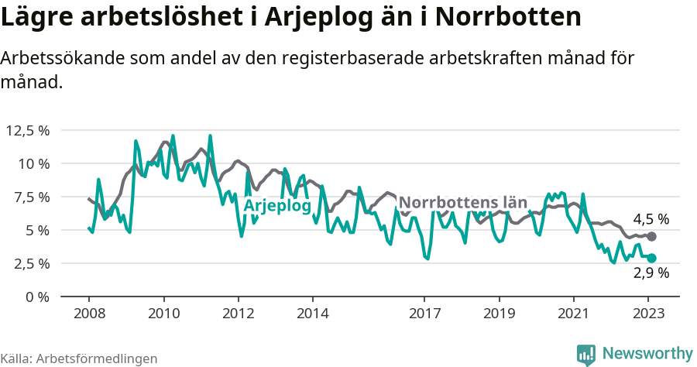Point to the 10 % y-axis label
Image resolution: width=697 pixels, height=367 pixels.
coord(32,163)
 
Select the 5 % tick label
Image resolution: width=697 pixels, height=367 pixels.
coord(36,230)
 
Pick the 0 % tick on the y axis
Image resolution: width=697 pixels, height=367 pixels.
coord(36,297)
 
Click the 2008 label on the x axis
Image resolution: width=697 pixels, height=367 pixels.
coord(88,314)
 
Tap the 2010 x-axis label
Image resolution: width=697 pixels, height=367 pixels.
coord(163,314)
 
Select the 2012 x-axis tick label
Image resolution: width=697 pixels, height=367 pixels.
coord(238,314)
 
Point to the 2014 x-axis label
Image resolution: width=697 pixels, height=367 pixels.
coord(312,314)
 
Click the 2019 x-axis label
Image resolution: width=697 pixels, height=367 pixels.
coord(499,314)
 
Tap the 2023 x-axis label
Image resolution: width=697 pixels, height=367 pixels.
coord(648,314)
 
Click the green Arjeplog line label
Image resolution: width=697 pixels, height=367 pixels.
coord(277,206)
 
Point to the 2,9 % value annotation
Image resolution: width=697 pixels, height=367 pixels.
coord(651,273)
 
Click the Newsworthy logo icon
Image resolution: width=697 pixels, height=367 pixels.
coord(586,355)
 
